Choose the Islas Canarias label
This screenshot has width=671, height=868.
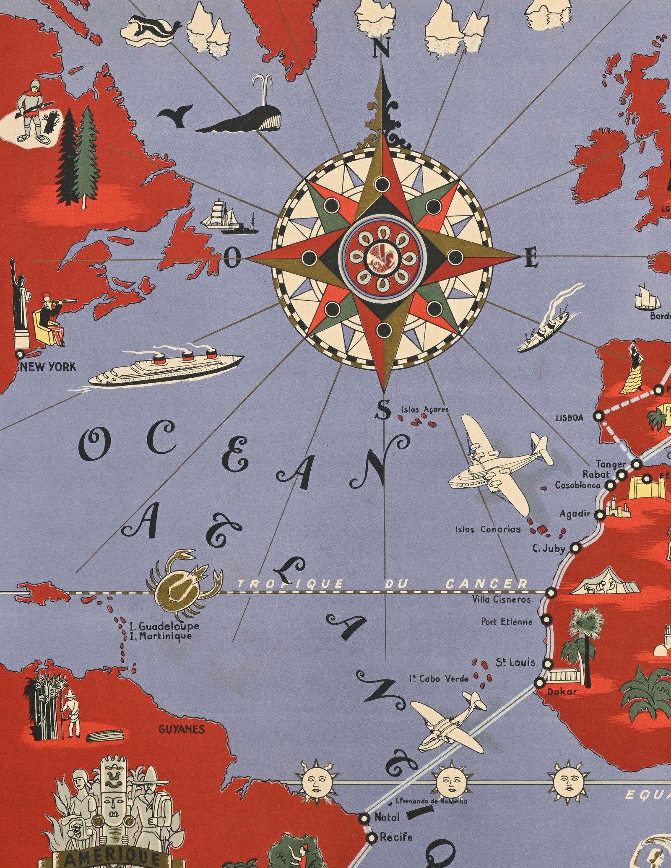(x=488, y=530)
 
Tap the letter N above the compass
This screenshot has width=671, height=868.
(x=381, y=50)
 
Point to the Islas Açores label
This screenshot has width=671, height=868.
(x=424, y=409)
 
